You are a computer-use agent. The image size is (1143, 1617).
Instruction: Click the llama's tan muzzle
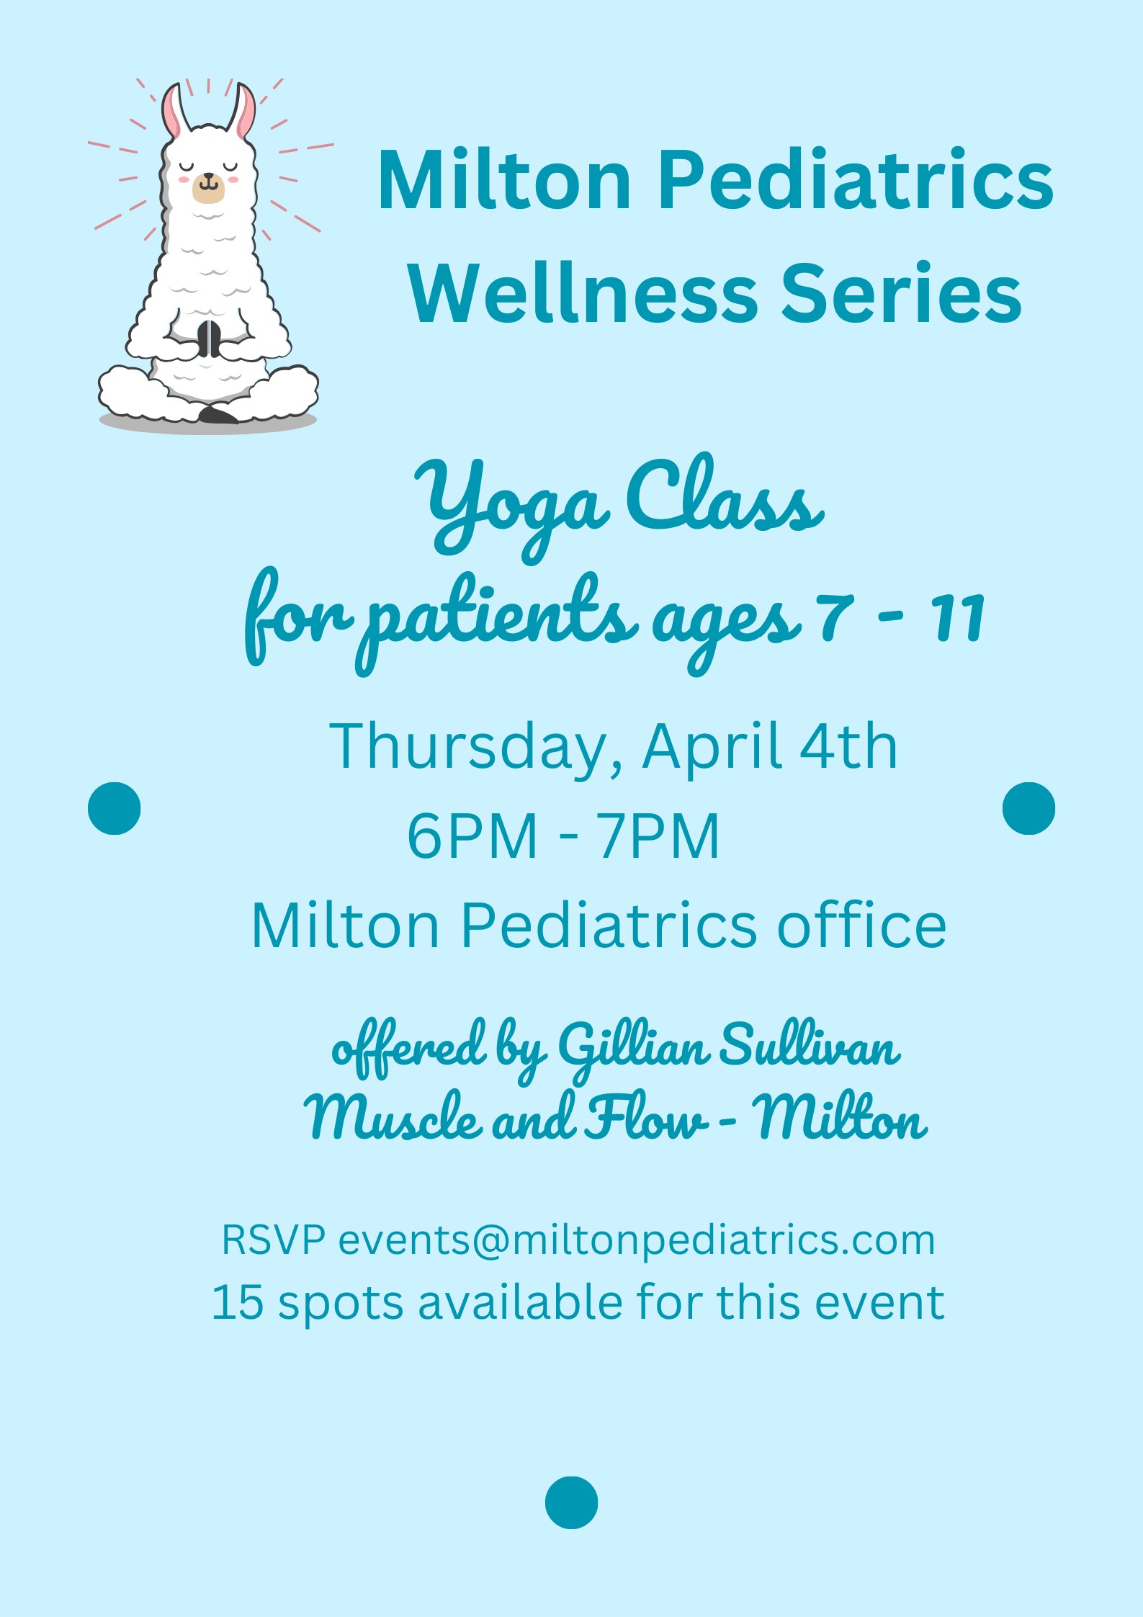coord(208,187)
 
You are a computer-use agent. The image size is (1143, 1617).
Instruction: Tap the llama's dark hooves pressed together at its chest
coord(210,339)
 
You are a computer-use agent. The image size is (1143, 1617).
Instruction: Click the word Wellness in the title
coord(583,293)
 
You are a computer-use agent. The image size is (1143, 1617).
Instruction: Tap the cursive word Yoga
coord(512,508)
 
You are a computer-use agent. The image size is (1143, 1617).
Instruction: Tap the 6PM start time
coord(472,836)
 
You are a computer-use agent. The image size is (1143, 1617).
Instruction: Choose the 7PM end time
coord(658,836)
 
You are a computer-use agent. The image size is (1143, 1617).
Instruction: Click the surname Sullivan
coord(810,1044)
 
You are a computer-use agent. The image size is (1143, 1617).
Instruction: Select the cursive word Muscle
coord(393,1116)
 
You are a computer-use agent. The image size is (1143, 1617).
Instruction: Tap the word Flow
coord(645,1116)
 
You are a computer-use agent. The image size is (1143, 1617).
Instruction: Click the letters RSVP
coord(273,1240)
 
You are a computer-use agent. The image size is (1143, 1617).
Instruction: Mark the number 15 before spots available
coord(238,1302)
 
